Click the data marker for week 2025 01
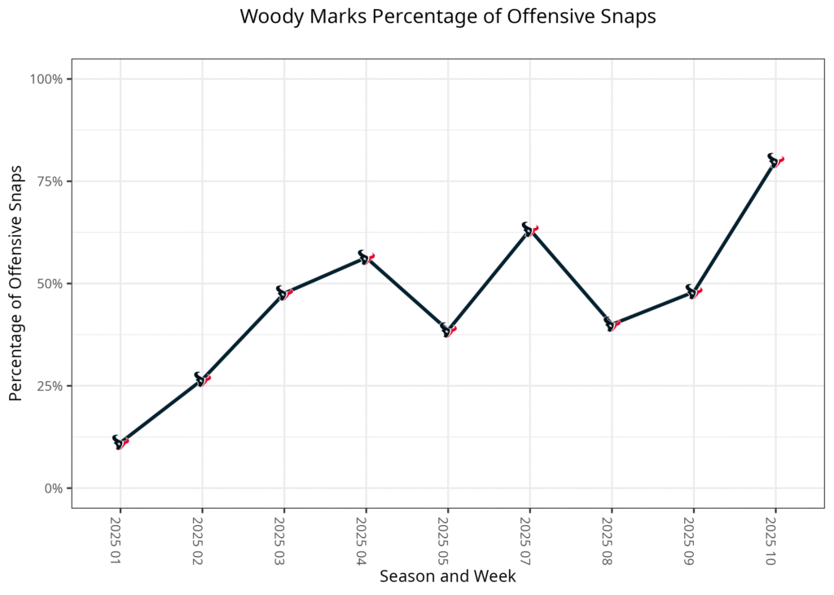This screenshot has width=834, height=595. (121, 442)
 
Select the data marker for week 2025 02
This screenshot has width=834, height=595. (202, 379)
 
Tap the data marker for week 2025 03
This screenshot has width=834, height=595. (284, 292)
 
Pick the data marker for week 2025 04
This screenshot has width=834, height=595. (366, 257)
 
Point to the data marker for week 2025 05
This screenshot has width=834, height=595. (448, 329)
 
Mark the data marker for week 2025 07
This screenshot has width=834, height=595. (530, 229)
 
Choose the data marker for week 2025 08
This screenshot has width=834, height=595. (612, 324)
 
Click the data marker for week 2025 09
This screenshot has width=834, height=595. (694, 291)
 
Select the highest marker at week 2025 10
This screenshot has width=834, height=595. (775, 160)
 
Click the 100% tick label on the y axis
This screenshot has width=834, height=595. (47, 79)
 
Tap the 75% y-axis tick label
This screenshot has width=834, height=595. (50, 182)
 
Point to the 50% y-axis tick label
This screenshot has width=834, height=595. (50, 283)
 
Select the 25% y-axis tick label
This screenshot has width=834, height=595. (50, 386)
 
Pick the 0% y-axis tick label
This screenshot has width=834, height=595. (54, 488)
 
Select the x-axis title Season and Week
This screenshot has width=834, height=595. (447, 576)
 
